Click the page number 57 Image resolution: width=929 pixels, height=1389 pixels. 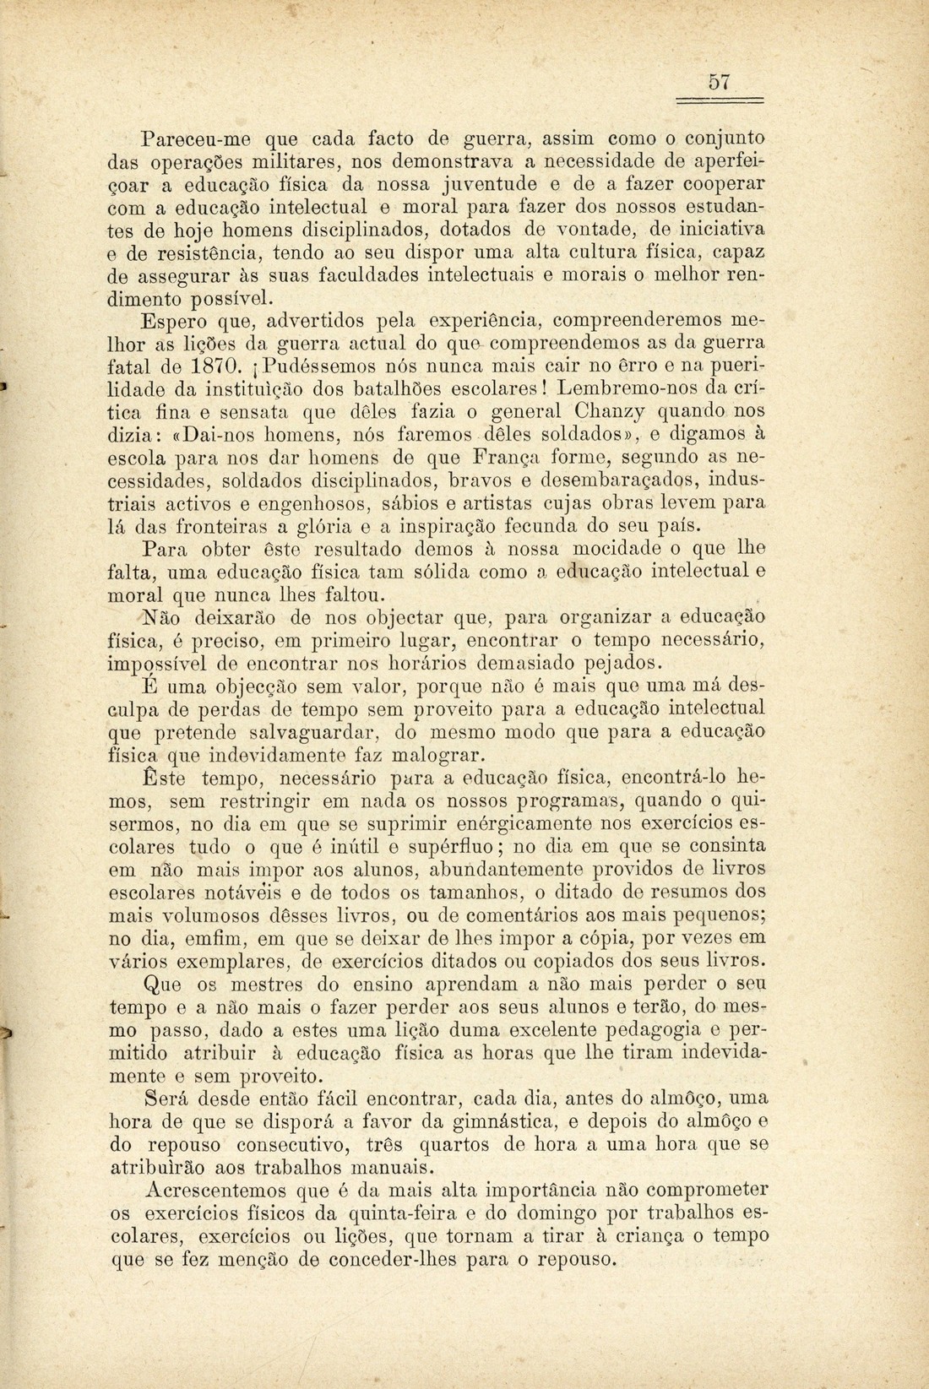(719, 83)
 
